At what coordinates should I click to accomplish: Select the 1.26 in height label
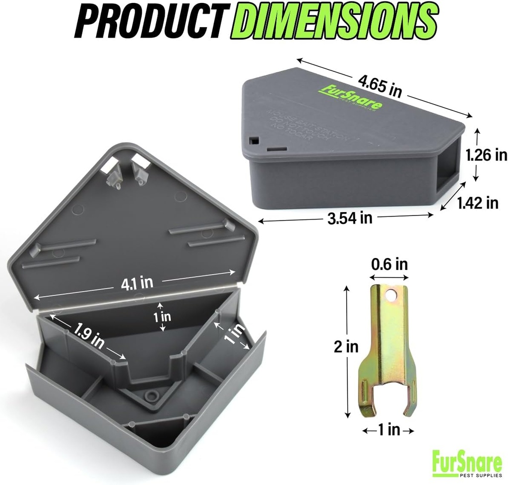[x=486, y=155]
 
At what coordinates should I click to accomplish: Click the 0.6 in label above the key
[x=389, y=265]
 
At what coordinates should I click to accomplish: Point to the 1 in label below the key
[x=388, y=431]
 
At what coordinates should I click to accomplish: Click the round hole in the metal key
[x=393, y=296]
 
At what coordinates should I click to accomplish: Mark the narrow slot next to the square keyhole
[x=275, y=148]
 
